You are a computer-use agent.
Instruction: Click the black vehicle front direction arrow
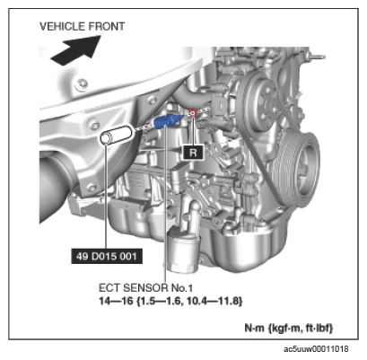[x=76, y=51]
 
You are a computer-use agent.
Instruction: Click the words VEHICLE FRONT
[x=82, y=27]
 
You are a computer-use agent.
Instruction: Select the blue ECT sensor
[x=168, y=120]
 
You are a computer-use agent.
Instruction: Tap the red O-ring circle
[x=193, y=112]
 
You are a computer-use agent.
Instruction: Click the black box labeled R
[x=193, y=153]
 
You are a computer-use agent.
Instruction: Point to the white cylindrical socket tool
[x=117, y=135]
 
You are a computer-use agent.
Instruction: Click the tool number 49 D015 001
[x=107, y=256]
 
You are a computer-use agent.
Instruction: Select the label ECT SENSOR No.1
[x=145, y=288]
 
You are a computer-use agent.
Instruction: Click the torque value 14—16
[x=116, y=301]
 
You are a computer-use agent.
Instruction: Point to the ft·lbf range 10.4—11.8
[x=214, y=301]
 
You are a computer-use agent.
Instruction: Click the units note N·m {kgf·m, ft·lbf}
[x=289, y=328]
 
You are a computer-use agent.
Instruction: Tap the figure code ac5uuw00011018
[x=316, y=349]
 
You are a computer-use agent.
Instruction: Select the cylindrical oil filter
[x=183, y=251]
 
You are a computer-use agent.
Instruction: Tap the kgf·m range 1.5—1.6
[x=160, y=301]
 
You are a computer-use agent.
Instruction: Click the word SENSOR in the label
[x=145, y=288]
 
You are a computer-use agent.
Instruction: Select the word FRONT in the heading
[x=107, y=27]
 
